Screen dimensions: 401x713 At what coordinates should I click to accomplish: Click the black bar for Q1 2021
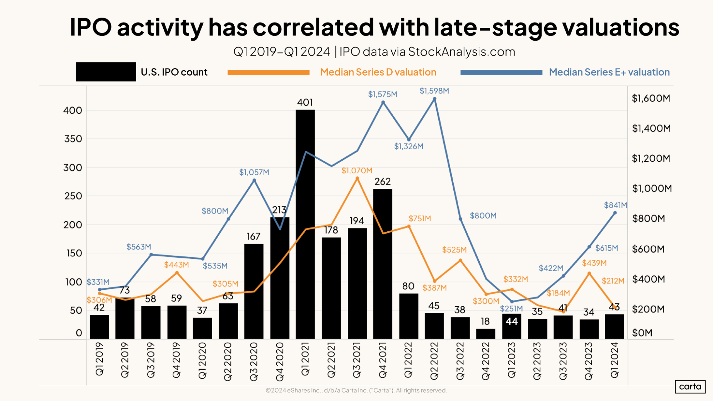pyautogui.click(x=305, y=225)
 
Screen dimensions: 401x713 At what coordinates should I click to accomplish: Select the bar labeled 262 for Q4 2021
pyautogui.click(x=382, y=264)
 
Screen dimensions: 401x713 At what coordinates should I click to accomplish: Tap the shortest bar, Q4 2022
pyautogui.click(x=485, y=334)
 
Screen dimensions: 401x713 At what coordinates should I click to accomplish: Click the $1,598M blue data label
pyautogui.click(x=434, y=91)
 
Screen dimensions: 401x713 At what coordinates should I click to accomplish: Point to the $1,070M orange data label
pyautogui.click(x=357, y=171)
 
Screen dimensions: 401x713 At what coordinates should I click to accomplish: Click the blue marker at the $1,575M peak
pyautogui.click(x=383, y=102)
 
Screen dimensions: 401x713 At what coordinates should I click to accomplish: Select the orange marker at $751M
pyautogui.click(x=409, y=226)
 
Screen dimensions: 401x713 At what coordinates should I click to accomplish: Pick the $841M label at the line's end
pyautogui.click(x=615, y=205)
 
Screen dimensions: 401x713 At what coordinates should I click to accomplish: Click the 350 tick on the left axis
pyautogui.click(x=73, y=139)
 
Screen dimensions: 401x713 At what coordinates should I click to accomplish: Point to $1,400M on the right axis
pyautogui.click(x=651, y=128)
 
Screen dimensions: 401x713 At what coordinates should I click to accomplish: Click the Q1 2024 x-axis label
pyautogui.click(x=615, y=360)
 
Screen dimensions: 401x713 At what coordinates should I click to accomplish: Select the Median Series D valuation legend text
pyautogui.click(x=378, y=72)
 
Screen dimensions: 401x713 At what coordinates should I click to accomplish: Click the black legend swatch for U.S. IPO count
pyautogui.click(x=106, y=72)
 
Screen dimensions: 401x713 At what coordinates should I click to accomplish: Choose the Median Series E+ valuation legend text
pyautogui.click(x=609, y=72)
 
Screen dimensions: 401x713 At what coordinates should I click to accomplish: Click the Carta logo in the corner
pyautogui.click(x=690, y=387)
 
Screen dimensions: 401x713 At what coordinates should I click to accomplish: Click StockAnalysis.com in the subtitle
pyautogui.click(x=462, y=52)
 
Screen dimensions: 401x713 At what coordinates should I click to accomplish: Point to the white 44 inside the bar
pyautogui.click(x=511, y=322)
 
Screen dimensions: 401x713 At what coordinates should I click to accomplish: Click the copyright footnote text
pyautogui.click(x=356, y=391)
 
